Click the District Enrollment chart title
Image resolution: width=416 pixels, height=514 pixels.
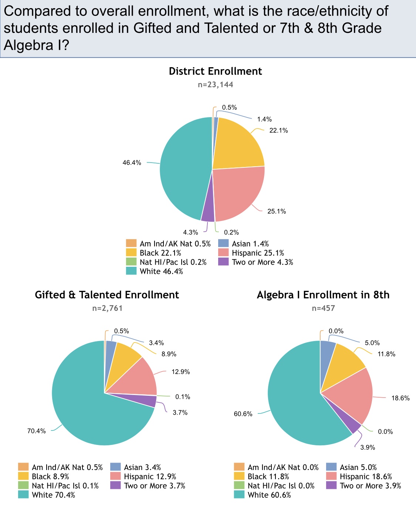pos(215,71)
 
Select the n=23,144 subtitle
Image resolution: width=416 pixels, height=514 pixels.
pos(215,85)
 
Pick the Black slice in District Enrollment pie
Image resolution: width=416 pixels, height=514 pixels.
pos(237,144)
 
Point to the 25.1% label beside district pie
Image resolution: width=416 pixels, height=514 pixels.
pos(277,211)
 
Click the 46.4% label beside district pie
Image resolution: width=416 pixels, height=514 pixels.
pos(132,163)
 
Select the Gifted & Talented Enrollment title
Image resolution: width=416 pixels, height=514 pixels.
pos(107,295)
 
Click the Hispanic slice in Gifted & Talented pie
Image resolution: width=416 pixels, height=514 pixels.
pos(139,379)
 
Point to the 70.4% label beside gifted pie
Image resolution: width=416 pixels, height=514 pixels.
pos(37,431)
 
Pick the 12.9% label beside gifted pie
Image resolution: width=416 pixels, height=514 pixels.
pos(180,372)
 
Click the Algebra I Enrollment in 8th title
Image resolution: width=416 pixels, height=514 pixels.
pos(323,295)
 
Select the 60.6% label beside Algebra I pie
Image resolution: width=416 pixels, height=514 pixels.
pos(243,414)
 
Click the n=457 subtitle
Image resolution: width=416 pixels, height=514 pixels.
pos(323,308)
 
